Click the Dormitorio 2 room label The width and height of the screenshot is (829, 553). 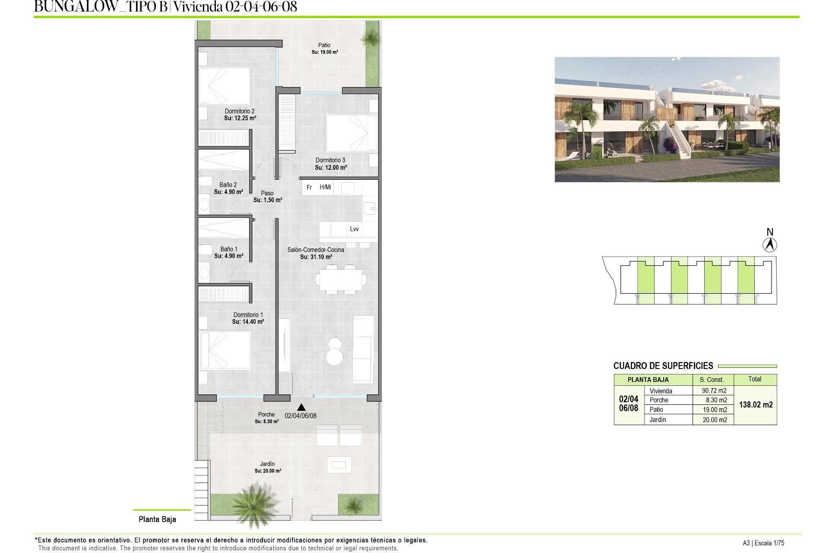coord(240,111)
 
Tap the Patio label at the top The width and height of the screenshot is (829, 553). coord(324,45)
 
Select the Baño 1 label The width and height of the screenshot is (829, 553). coord(229,249)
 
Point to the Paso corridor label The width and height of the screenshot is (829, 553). coord(267,193)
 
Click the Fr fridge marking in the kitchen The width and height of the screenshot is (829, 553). coord(309,188)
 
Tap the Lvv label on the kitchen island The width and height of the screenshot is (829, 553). coord(354,229)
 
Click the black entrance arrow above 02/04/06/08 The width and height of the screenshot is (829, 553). coord(301,407)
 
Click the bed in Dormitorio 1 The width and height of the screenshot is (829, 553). coord(225,350)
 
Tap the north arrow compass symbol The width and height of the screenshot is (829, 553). coord(769,245)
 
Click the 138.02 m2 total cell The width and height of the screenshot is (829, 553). coord(756,405)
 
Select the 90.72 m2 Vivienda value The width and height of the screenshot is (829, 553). coord(714,391)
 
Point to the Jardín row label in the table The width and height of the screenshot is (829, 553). coord(658,420)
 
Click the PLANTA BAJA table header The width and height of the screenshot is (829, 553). coord(648,380)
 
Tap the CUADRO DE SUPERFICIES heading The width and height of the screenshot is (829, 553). coord(663,366)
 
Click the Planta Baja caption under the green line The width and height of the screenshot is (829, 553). coord(157,519)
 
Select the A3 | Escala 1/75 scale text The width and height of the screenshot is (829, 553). coord(763,543)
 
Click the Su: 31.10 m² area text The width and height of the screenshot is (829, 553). coord(316,257)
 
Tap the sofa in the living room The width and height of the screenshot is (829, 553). coord(363,349)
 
